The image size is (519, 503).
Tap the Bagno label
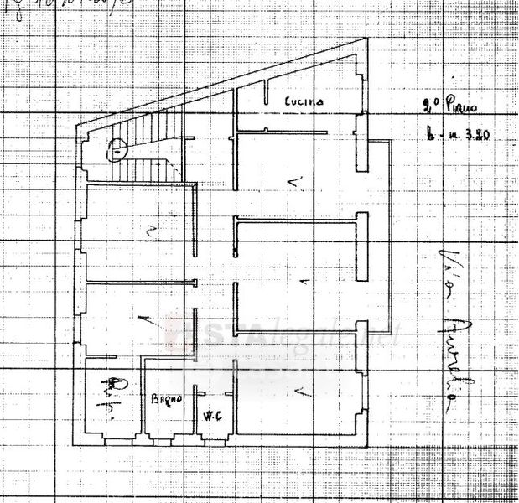[166, 398]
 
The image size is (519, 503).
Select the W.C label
[210, 414]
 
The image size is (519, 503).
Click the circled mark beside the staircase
[117, 152]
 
